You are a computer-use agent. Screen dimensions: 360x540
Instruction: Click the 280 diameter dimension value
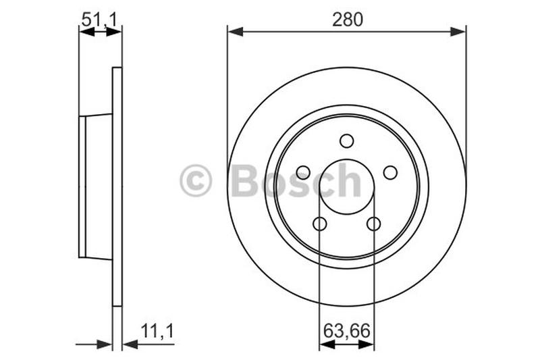click(x=347, y=20)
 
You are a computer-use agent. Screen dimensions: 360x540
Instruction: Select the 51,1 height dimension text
click(x=100, y=20)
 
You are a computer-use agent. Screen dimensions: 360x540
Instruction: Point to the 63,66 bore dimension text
click(x=347, y=332)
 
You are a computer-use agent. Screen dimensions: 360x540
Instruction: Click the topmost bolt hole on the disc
click(x=347, y=140)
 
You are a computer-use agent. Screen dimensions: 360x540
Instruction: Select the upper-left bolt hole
click(x=303, y=173)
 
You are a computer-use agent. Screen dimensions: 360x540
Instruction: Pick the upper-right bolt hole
click(x=390, y=173)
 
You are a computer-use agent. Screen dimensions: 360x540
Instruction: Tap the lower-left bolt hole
click(x=320, y=224)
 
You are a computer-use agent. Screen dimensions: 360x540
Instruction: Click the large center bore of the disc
click(x=347, y=187)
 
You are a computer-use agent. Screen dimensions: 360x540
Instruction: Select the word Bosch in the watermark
click(x=296, y=181)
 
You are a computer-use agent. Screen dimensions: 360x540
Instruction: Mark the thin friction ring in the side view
click(x=117, y=187)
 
